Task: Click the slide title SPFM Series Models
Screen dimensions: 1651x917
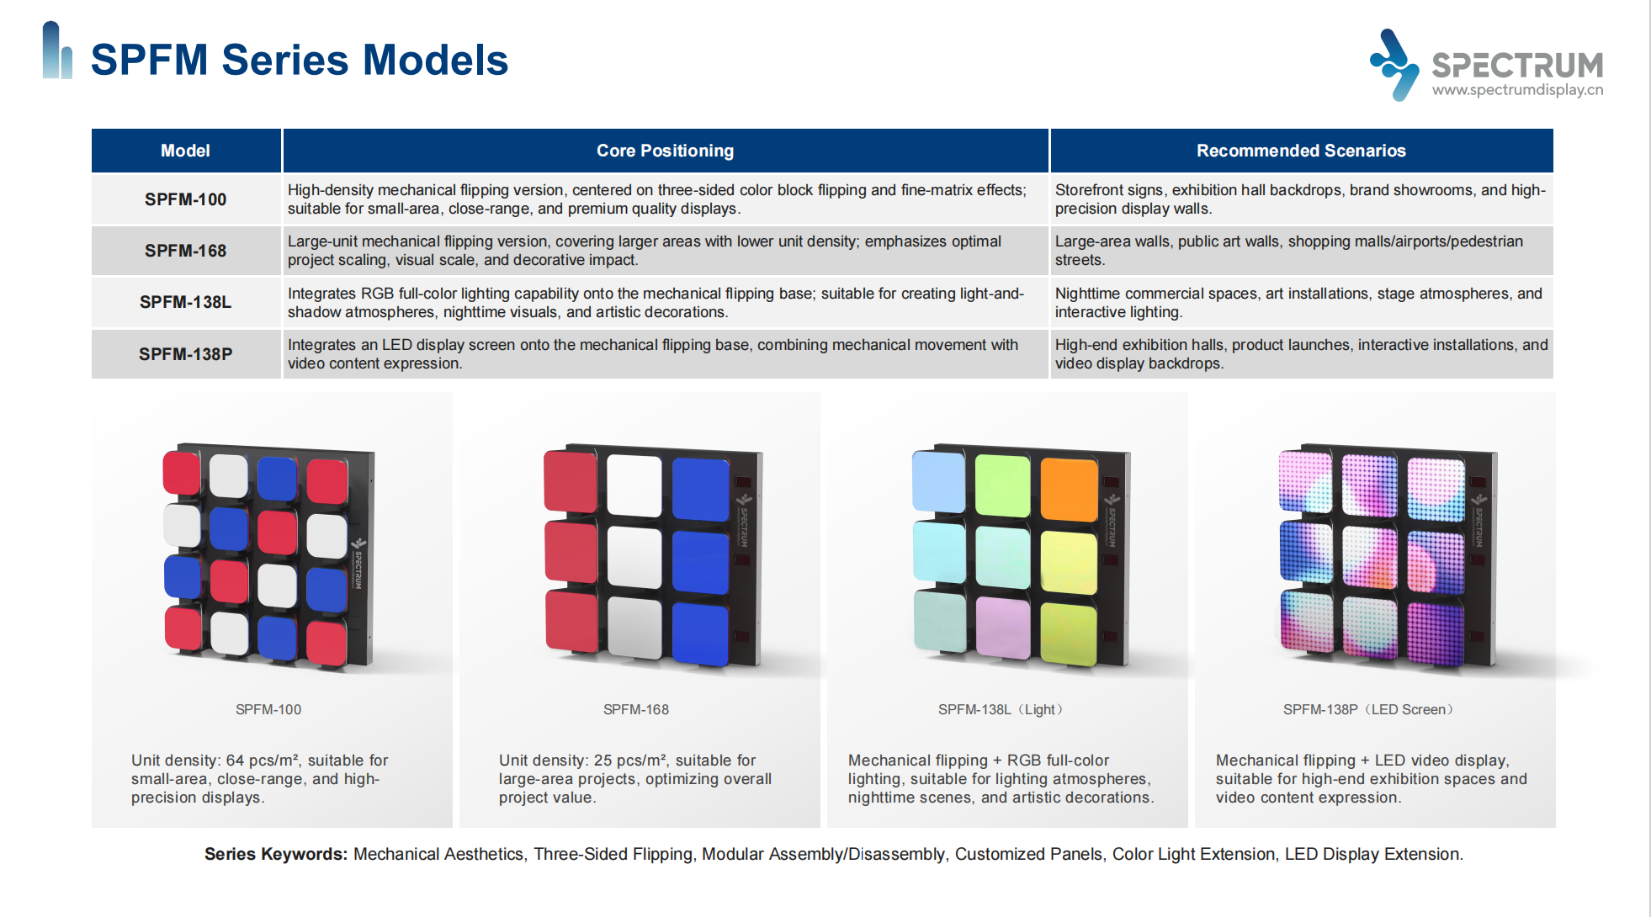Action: [x=299, y=60]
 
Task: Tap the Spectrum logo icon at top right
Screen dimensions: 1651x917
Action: [x=1394, y=65]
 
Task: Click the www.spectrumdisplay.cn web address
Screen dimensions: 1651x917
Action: [x=1517, y=90]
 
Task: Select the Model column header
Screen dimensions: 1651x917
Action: [x=185, y=151]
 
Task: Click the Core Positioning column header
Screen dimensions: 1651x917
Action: [x=665, y=151]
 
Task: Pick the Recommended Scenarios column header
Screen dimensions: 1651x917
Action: [x=1301, y=151]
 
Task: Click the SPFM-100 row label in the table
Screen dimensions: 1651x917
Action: [x=185, y=199]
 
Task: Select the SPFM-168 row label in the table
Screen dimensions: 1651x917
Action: [x=185, y=251]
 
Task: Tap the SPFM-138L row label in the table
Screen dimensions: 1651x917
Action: [x=185, y=302]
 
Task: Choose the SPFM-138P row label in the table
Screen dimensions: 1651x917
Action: [x=185, y=354]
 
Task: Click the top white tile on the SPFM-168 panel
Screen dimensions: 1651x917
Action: [x=634, y=485]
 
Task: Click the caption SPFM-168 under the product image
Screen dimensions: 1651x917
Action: [x=636, y=710]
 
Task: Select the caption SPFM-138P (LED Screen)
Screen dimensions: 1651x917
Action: [x=1367, y=710]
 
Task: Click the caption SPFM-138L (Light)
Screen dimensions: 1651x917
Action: [x=1000, y=710]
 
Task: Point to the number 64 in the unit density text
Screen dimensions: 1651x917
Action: [x=235, y=761]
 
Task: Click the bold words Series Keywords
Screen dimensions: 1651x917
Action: [x=275, y=854]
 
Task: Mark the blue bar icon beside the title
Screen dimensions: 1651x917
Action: [x=57, y=50]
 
